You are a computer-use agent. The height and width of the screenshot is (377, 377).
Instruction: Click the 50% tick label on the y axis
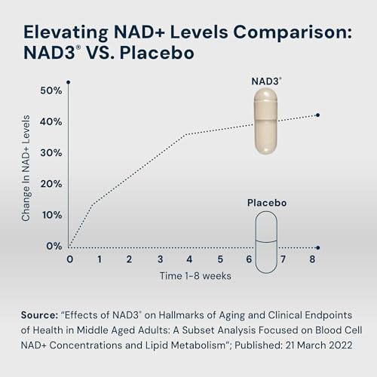tap(51, 90)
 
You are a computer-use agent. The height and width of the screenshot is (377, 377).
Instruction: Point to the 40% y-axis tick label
tap(51, 121)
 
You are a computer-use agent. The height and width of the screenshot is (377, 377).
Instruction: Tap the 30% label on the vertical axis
tap(51, 152)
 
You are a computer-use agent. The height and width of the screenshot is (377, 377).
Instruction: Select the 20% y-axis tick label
tap(51, 184)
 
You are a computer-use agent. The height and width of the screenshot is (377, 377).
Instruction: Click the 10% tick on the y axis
tap(51, 215)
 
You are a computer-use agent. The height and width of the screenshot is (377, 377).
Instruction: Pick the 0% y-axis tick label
tap(54, 246)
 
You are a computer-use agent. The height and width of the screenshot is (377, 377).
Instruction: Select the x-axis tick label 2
tap(129, 259)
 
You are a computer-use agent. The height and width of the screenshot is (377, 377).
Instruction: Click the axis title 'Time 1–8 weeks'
tap(195, 275)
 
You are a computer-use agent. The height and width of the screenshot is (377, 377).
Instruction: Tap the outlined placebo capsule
tap(268, 241)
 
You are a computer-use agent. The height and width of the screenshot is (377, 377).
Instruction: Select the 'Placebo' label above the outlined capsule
tap(267, 203)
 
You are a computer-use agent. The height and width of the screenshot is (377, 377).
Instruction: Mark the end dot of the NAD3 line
tap(318, 115)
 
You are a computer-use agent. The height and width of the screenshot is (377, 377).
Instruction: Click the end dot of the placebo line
tap(318, 247)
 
